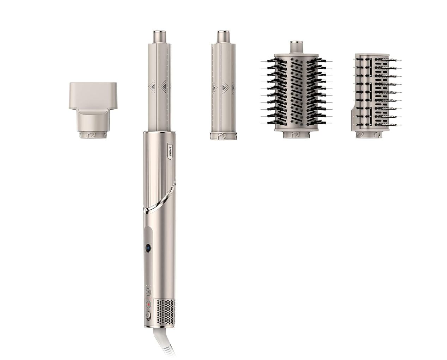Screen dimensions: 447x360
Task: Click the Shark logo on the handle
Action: [170, 151]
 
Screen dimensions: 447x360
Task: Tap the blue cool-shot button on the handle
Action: [148, 248]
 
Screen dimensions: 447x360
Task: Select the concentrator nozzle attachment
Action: [93, 110]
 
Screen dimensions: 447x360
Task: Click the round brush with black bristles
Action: [296, 90]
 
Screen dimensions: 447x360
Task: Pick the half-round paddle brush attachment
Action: [376, 96]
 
